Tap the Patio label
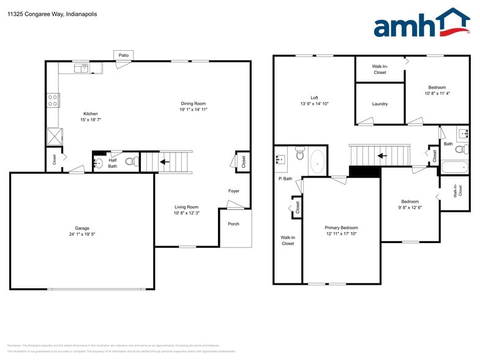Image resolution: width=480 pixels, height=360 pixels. pyautogui.click(x=124, y=55)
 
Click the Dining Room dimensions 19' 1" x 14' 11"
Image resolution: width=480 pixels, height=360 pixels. pyautogui.click(x=193, y=110)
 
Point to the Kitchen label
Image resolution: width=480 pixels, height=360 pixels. pyautogui.click(x=91, y=114)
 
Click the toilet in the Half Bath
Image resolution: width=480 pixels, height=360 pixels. pyautogui.click(x=130, y=162)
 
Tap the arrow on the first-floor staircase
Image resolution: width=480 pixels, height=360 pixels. pyautogui.click(x=163, y=162)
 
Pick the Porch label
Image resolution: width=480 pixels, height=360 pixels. pyautogui.click(x=233, y=223)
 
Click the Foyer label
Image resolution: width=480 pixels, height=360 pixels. pyautogui.click(x=234, y=191)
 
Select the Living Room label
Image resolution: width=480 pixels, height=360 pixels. pyautogui.click(x=186, y=207)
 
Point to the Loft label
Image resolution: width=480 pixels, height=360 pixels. pyautogui.click(x=314, y=97)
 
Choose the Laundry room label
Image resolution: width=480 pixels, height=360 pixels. pyautogui.click(x=380, y=103)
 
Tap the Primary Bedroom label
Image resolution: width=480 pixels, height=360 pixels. pyautogui.click(x=341, y=227)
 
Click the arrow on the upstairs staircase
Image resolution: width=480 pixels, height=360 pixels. pyautogui.click(x=382, y=155)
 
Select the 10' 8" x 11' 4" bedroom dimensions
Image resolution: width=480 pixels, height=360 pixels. pyautogui.click(x=437, y=93)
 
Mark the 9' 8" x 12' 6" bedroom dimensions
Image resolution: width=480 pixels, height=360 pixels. pyautogui.click(x=410, y=208)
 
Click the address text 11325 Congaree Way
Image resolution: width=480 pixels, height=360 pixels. pyautogui.click(x=34, y=13)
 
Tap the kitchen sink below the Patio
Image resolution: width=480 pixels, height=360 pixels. pyautogui.click(x=82, y=68)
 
